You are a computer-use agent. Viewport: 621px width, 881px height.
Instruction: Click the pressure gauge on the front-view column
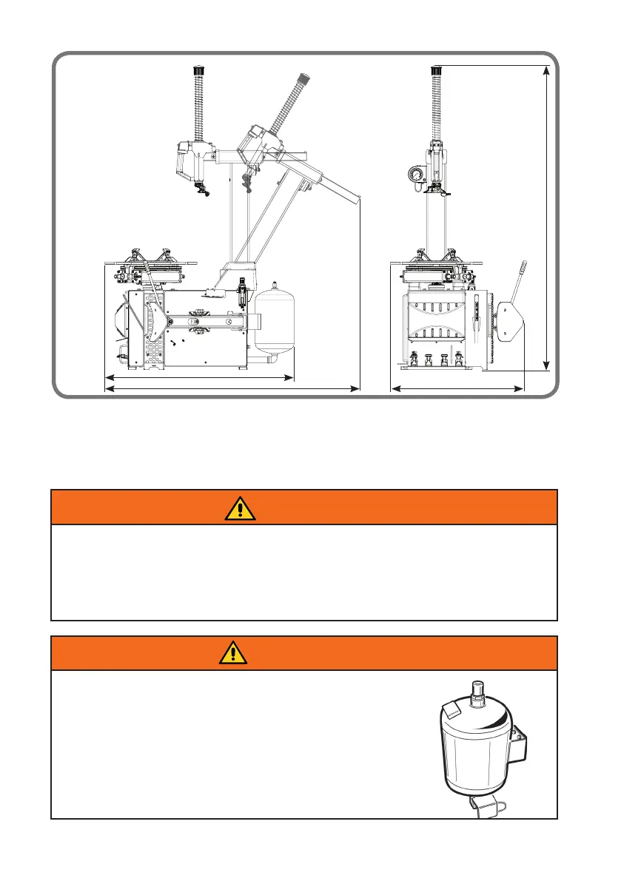pos(414,175)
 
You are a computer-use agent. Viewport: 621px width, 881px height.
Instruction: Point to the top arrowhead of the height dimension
pos(546,70)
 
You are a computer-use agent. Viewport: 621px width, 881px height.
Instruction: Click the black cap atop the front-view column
pos(436,70)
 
